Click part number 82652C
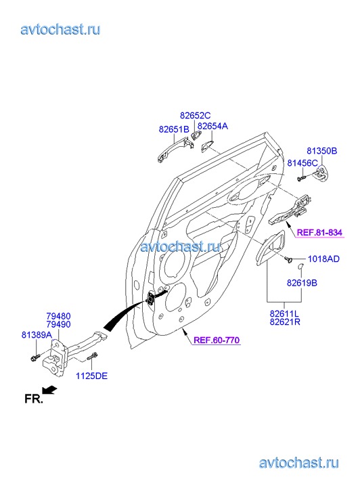coord(195,116)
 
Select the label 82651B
coord(174,129)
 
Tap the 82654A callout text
coord(212,126)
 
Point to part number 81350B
coord(321,151)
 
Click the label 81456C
coord(302,163)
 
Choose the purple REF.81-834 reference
coord(319,233)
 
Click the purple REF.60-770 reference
coord(217,340)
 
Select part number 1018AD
coord(323,259)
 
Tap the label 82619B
coord(302,283)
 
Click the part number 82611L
coord(284,313)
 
